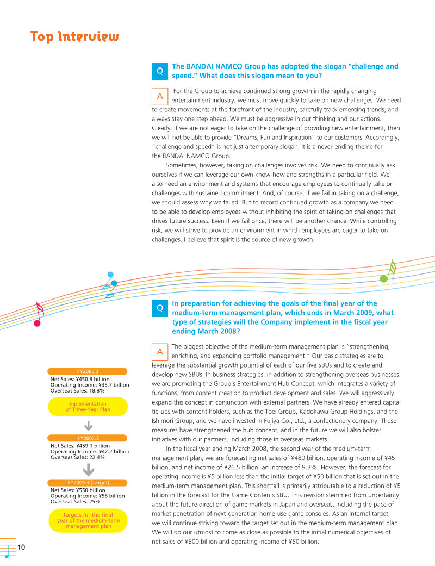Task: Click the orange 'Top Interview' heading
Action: (x=74, y=37)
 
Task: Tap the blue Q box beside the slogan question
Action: (x=159, y=71)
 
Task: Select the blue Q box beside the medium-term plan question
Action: (x=159, y=308)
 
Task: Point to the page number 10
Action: (x=22, y=546)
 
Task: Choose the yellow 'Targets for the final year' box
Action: (x=88, y=520)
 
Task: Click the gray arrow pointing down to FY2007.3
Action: (x=88, y=425)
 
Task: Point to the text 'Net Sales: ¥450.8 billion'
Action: (x=80, y=379)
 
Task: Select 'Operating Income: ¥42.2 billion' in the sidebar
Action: (x=90, y=451)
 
